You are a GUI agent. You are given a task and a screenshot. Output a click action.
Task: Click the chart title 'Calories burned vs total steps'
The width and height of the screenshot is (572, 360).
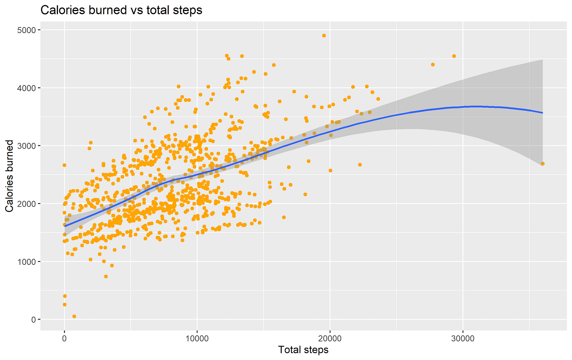(121, 11)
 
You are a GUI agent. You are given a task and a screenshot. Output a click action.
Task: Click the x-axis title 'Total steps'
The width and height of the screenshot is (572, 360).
(303, 350)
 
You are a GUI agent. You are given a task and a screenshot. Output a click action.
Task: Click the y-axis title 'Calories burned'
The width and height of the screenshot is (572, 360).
(9, 176)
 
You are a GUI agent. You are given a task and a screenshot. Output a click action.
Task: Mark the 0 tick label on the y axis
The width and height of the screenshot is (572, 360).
(34, 320)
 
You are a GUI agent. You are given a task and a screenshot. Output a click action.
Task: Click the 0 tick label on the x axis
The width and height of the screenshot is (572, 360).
(65, 339)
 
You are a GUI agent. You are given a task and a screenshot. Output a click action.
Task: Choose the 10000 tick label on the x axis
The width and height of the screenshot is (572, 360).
(197, 339)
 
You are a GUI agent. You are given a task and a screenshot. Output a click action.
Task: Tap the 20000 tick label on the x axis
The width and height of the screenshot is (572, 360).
(330, 339)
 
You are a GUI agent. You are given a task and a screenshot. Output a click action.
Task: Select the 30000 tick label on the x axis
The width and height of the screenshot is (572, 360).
(463, 339)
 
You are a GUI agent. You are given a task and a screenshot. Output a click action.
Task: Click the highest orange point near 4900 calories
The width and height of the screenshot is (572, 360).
(324, 36)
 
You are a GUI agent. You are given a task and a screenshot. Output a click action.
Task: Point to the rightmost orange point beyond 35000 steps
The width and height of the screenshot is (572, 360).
(543, 164)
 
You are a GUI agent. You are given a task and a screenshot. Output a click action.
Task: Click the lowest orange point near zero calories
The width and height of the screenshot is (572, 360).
(74, 316)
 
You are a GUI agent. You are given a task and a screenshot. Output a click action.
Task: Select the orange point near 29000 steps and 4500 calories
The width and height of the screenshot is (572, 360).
(454, 56)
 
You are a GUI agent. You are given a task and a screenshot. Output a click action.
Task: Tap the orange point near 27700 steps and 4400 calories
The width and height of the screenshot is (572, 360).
(433, 65)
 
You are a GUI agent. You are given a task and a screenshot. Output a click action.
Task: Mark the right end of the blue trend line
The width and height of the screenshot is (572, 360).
(543, 113)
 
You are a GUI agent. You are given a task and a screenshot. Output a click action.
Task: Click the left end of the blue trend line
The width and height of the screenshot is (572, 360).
(65, 226)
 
